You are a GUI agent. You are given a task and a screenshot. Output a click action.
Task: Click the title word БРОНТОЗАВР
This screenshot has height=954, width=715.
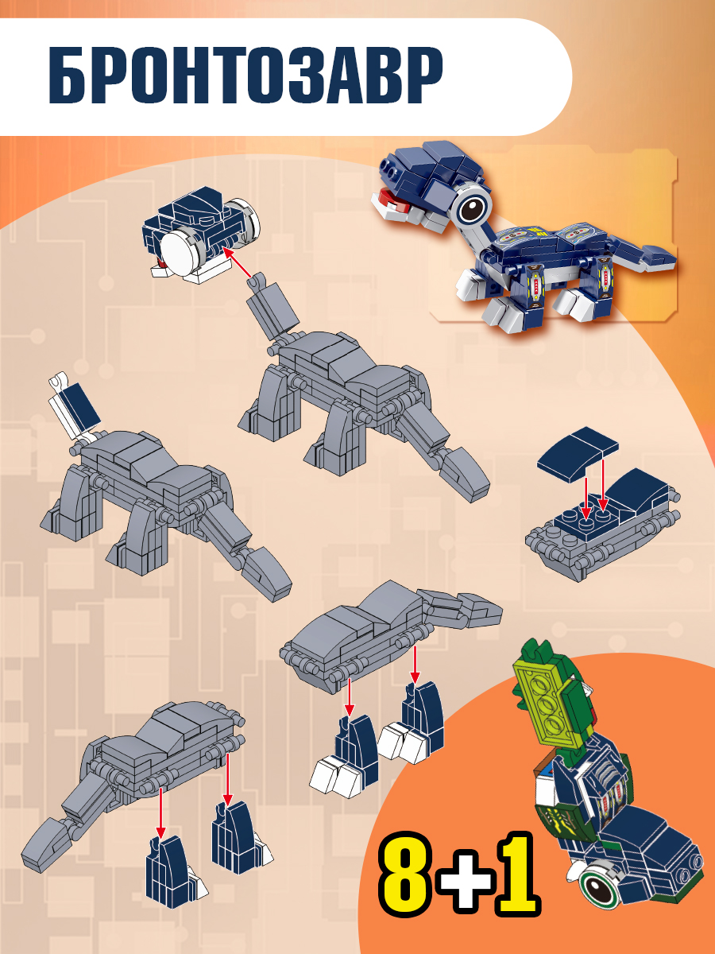245,75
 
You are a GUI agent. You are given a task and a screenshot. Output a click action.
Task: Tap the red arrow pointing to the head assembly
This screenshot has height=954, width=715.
237,262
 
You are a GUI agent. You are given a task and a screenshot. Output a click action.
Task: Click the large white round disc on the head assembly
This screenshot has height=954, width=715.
181,252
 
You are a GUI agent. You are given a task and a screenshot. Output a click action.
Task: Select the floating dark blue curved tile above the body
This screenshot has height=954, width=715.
578,453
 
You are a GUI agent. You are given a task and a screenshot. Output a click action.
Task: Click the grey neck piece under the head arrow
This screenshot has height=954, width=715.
274,309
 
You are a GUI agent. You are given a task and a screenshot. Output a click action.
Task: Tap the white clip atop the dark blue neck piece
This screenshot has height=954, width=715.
59,380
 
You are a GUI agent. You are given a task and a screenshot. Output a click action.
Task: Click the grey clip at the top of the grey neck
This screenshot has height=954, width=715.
257,281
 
